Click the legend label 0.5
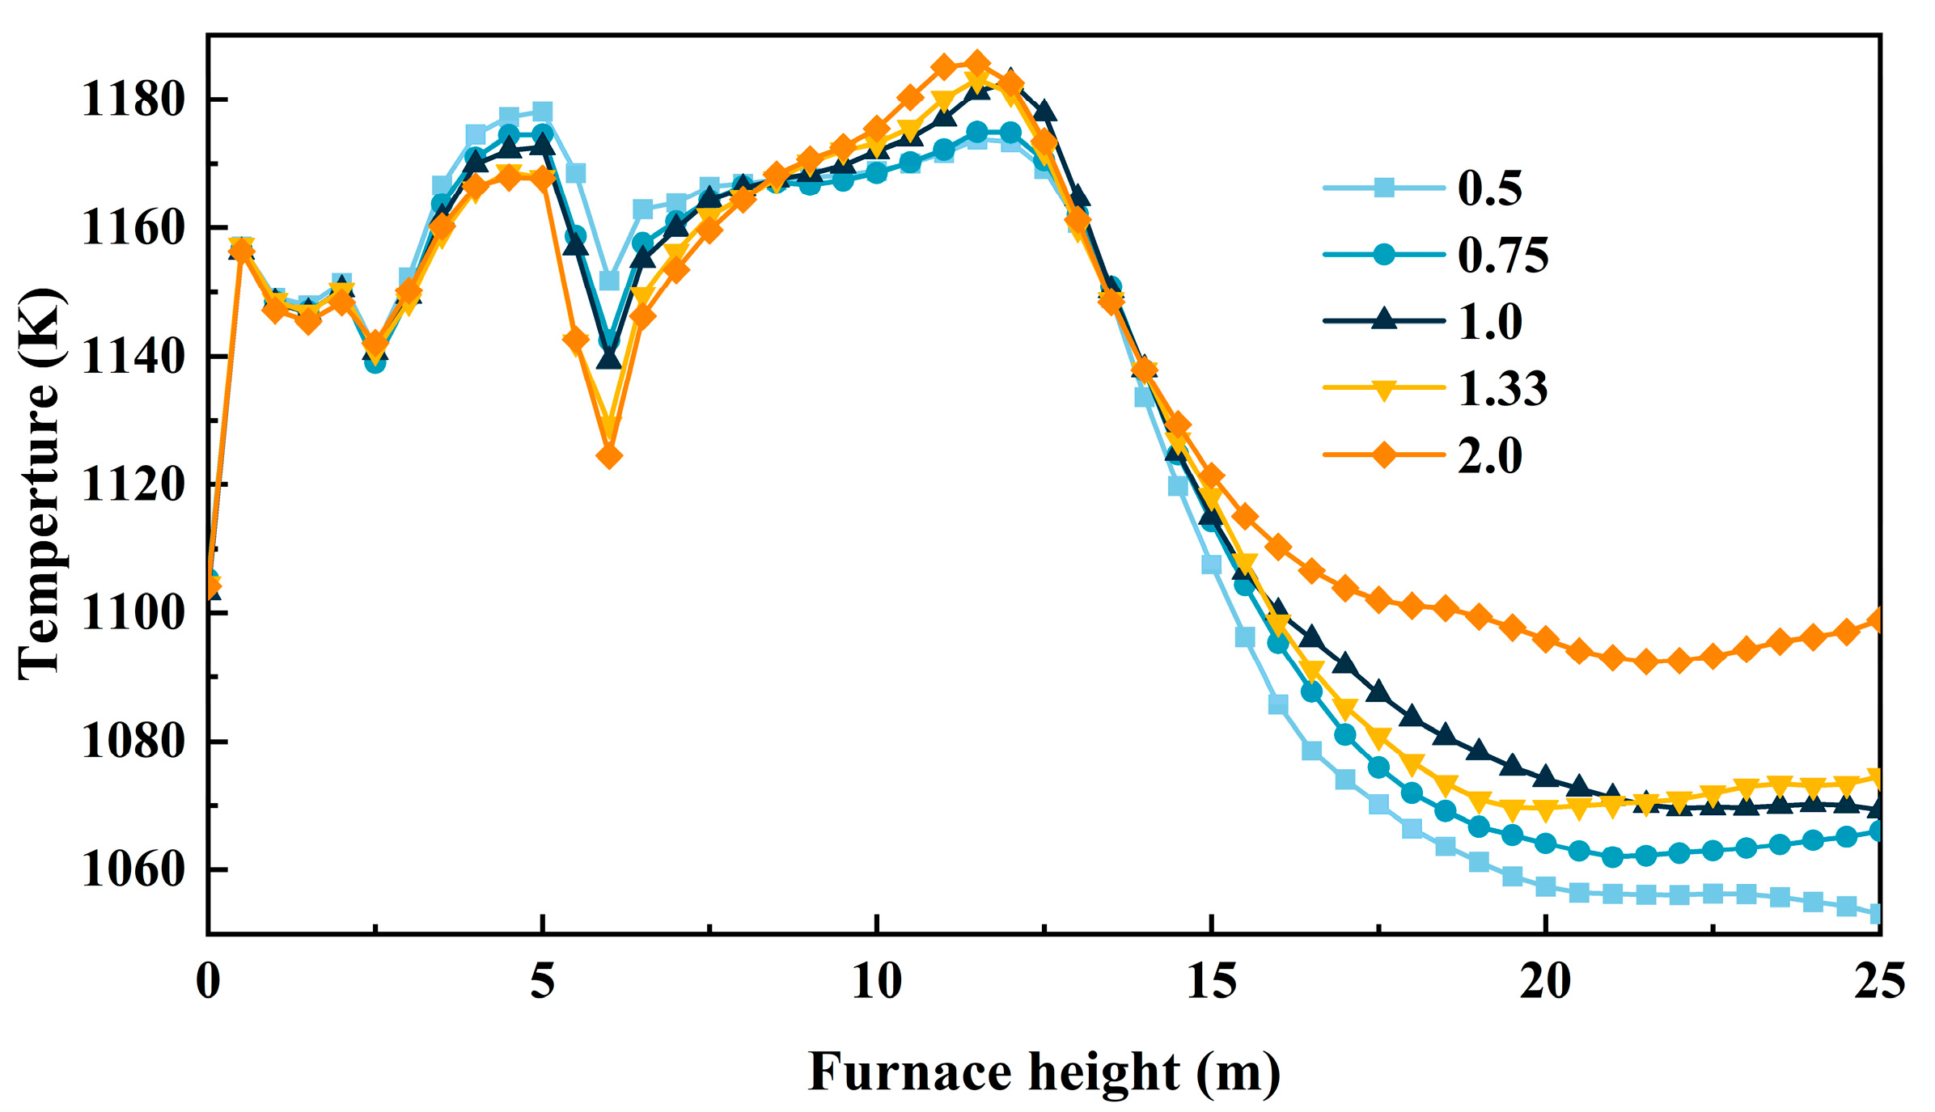click(x=1489, y=188)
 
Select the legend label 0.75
click(x=1502, y=256)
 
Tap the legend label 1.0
click(x=1489, y=322)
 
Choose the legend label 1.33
click(x=1502, y=388)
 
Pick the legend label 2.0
click(x=1489, y=455)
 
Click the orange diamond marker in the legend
click(x=1384, y=455)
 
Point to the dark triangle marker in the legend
click(x=1384, y=319)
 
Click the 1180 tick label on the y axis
click(x=133, y=100)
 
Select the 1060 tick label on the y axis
click(x=133, y=870)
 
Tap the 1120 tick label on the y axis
click(x=133, y=485)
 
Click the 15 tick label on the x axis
click(x=1211, y=983)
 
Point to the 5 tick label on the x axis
click(x=543, y=983)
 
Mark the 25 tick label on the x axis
click(x=1878, y=983)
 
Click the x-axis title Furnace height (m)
click(x=1044, y=1072)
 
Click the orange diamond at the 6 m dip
click(x=609, y=457)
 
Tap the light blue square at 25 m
click(x=1877, y=914)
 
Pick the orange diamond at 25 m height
click(x=1877, y=620)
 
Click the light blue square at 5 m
click(x=543, y=112)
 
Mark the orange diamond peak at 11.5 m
click(x=977, y=62)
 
